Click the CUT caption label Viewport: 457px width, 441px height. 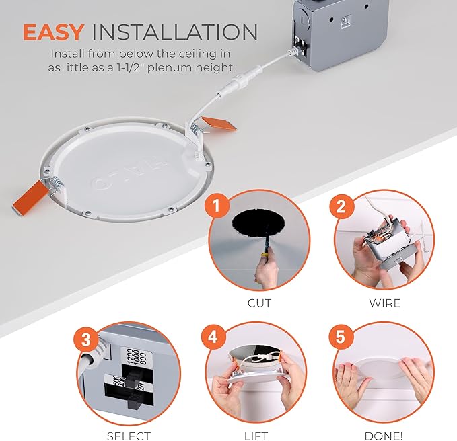pos(259,303)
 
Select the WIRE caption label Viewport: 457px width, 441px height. pos(384,303)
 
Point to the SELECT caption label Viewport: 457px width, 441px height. pos(129,436)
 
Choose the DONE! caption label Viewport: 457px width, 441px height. pos(384,436)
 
